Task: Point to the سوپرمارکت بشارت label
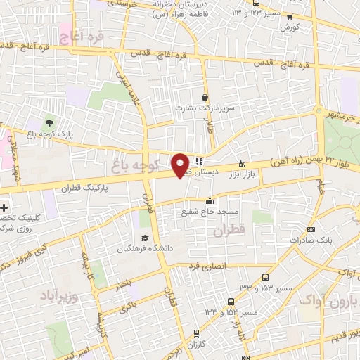pyautogui.click(x=204, y=110)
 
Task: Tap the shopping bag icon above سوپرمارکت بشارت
pyautogui.click(x=205, y=98)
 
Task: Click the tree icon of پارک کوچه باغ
pyautogui.click(x=49, y=123)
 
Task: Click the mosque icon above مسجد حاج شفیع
pyautogui.click(x=209, y=200)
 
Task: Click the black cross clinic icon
pyautogui.click(x=5, y=208)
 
